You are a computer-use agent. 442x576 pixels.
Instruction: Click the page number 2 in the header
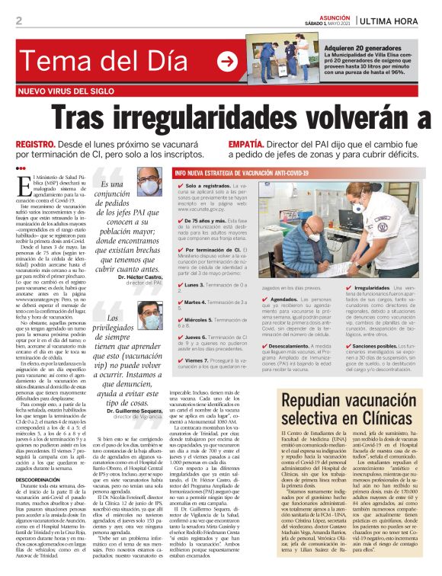[18, 20]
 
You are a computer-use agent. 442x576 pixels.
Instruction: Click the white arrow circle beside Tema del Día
[227, 61]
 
